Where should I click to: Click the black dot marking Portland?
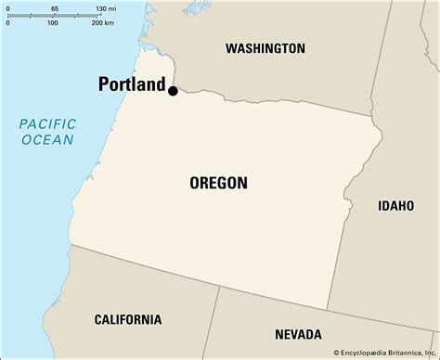[173, 90]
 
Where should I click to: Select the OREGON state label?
[219, 183]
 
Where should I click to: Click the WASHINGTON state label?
[265, 47]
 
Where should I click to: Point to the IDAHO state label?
[396, 205]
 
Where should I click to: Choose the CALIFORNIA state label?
[127, 319]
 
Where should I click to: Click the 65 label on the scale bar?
[55, 7]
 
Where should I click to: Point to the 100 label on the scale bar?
[53, 23]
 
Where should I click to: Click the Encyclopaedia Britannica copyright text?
[380, 352]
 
